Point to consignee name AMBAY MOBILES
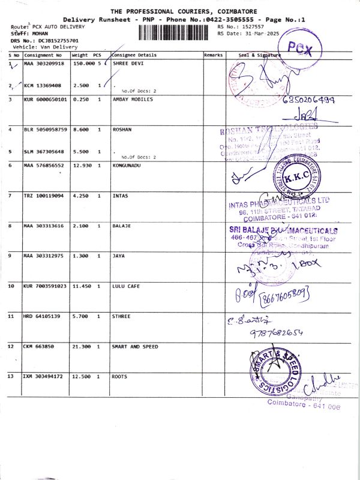pos(132,99)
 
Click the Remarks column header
pos(214,55)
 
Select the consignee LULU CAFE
pos(126,286)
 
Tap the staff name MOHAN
pos(40,34)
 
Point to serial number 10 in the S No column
pos(11,286)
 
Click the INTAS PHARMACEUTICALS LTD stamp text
pos(279,207)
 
